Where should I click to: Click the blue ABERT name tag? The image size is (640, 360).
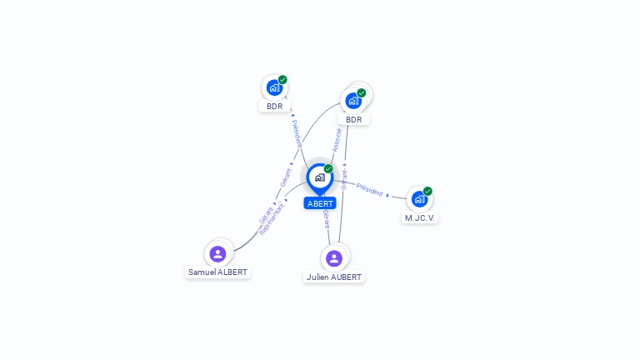coord(320,203)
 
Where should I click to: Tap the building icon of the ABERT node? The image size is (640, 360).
coord(319,177)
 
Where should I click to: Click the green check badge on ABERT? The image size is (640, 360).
coord(328,168)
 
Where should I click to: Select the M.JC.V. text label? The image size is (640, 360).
coord(420,217)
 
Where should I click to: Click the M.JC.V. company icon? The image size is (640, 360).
coord(418,198)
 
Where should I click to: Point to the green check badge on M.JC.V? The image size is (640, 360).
coord(427,191)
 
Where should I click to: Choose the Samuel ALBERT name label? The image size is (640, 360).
coord(217,272)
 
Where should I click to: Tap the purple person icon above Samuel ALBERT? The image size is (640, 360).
coord(217,253)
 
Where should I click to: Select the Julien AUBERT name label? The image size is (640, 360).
coord(334,277)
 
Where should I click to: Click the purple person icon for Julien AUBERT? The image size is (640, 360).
coord(334,258)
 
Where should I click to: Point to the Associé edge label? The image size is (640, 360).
coord(337,139)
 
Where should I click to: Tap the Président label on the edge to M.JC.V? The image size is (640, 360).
coord(369,188)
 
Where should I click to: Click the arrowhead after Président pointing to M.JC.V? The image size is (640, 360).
coord(387,195)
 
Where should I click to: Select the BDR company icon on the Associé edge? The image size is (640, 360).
coord(353,100)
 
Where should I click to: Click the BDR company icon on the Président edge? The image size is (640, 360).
coord(274,87)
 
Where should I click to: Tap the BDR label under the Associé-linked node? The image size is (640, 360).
coord(353,119)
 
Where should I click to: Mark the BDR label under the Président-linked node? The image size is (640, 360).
coord(274,106)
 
